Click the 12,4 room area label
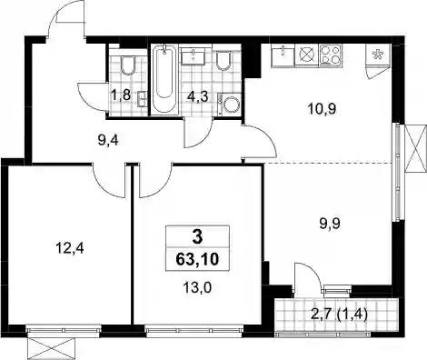(70, 249)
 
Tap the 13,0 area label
(197, 287)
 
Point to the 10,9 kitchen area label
(322, 109)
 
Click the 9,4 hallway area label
(108, 141)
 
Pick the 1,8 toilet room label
(121, 95)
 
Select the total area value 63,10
(197, 260)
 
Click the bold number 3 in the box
(197, 237)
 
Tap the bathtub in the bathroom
(164, 79)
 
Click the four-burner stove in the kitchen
(331, 55)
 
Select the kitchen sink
(283, 55)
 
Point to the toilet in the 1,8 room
(128, 65)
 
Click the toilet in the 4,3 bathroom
(223, 61)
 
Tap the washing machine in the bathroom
(230, 105)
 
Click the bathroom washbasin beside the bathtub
(193, 56)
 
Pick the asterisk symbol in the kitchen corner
(377, 55)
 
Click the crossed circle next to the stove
(307, 55)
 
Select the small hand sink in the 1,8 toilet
(143, 98)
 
